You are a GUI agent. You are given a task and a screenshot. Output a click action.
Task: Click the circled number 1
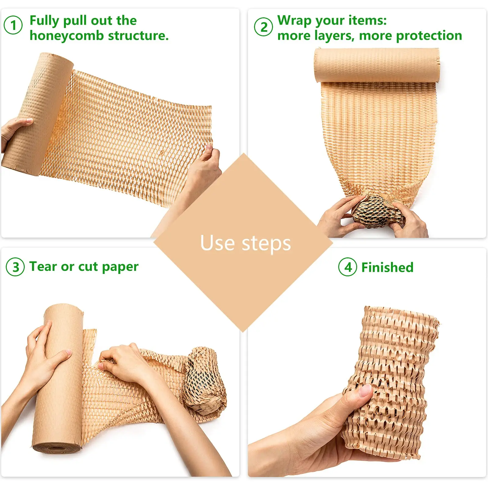tap(13, 25)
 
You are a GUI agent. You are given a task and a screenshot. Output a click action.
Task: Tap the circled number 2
tap(263, 27)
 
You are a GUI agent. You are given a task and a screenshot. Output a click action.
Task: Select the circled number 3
tap(15, 267)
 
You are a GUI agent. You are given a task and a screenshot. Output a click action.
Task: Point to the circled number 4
tap(348, 267)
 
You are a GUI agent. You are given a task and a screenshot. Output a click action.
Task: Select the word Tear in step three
tap(43, 266)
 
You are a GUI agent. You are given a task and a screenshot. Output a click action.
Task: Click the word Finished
tap(387, 267)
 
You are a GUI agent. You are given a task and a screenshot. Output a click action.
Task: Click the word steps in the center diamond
tap(266, 244)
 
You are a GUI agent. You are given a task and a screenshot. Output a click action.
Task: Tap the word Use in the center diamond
tap(217, 243)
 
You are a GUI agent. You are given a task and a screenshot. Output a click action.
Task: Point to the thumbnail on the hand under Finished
tap(365, 390)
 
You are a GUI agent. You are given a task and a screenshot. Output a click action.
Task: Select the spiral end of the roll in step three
tap(56, 448)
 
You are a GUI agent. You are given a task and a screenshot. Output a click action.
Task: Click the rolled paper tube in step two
tap(377, 65)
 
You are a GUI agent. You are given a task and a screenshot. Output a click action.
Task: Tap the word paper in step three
tap(120, 267)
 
